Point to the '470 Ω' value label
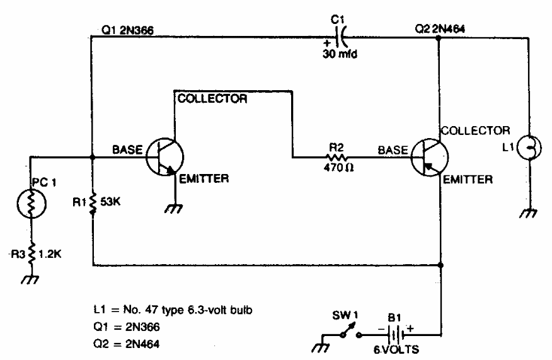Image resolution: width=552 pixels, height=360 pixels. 335,168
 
